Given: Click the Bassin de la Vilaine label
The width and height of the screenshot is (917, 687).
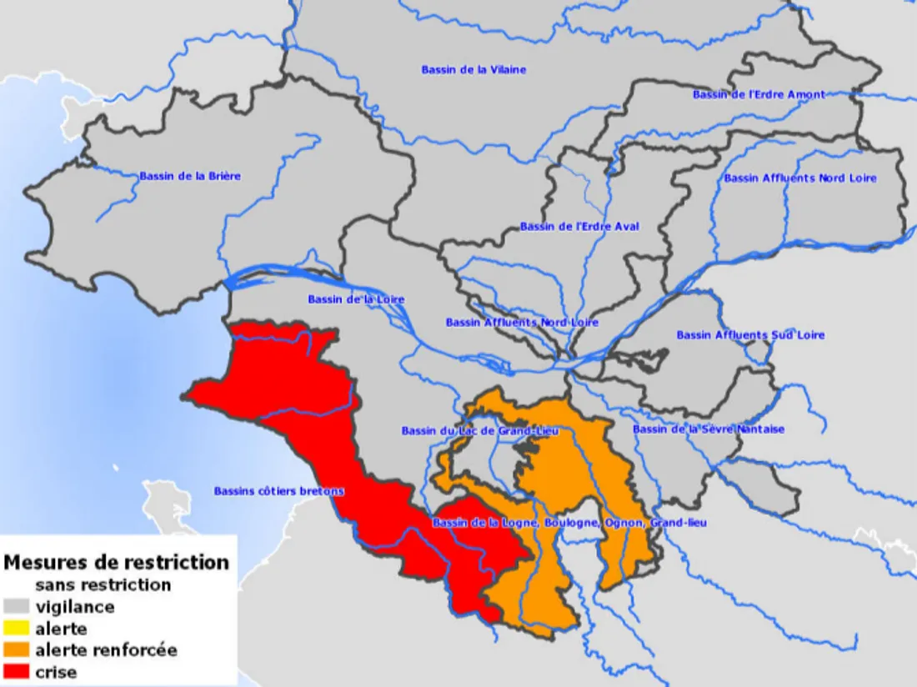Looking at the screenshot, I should [x=474, y=70].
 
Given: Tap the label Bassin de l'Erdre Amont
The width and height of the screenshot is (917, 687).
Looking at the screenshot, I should [x=759, y=95].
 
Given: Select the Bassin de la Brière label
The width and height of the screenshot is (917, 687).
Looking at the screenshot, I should [x=190, y=176].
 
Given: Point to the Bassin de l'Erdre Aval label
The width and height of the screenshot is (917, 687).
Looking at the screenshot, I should [x=579, y=227].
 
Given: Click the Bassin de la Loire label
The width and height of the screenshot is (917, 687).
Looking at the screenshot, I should [x=356, y=299].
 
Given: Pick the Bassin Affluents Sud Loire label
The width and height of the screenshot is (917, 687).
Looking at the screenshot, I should [x=750, y=335].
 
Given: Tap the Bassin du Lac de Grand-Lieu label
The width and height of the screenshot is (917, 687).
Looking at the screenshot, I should [x=479, y=431].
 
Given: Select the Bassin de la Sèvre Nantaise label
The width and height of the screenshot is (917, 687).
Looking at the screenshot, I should [x=709, y=429].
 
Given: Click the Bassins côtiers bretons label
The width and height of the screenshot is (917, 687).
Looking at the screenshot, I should [x=278, y=491].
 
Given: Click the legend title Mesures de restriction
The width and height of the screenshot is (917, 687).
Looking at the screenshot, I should [x=116, y=562].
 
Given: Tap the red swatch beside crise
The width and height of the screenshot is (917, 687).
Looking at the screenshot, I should [x=16, y=672].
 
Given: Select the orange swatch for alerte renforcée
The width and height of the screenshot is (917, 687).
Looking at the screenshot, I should [x=16, y=650].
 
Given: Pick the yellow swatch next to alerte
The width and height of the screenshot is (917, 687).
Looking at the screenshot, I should [x=16, y=629].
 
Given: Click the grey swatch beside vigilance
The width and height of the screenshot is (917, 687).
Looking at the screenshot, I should [x=16, y=607].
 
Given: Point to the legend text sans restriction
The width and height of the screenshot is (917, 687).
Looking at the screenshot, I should [x=103, y=584].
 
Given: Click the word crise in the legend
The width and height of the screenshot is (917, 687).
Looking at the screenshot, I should [x=56, y=672].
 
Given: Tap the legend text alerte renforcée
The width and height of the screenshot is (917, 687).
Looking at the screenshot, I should [x=106, y=650].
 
